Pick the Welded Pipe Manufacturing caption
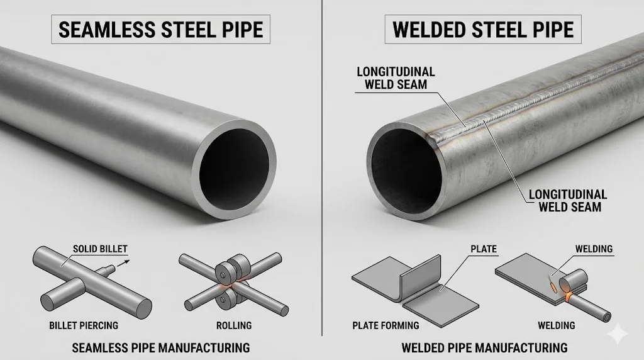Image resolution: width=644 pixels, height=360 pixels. (484, 347)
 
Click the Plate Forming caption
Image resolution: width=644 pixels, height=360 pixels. (386, 325)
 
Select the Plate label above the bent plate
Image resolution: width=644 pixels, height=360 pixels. (484, 249)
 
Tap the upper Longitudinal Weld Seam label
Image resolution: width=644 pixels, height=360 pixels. (396, 77)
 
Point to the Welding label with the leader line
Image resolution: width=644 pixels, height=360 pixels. (594, 249)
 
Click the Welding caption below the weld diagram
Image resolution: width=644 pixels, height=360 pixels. (556, 325)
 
